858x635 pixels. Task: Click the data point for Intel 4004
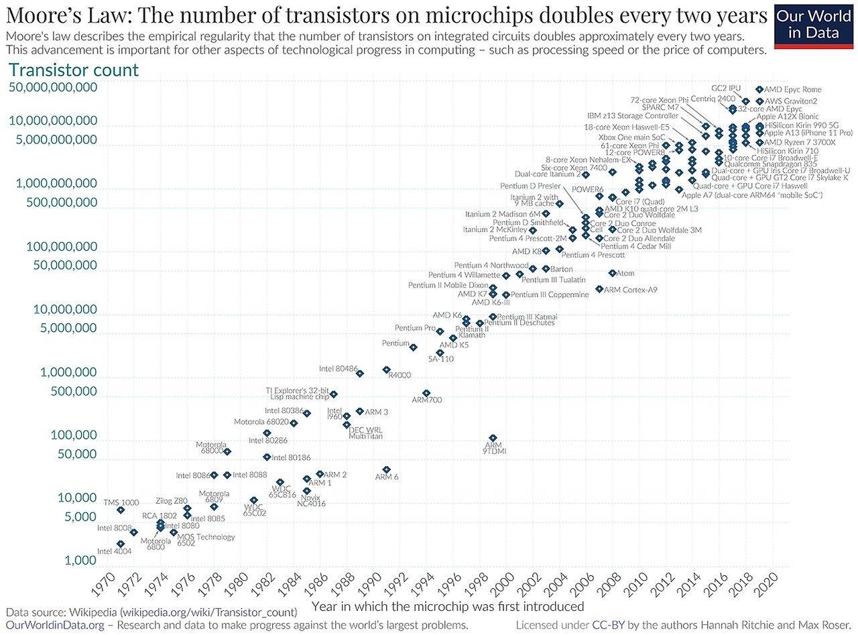coord(121,544)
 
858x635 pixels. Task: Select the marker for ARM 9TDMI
coord(493,438)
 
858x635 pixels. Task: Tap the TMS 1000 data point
coord(121,510)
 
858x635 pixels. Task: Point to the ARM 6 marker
coord(386,469)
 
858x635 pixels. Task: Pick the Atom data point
coord(612,273)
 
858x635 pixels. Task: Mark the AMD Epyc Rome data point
coord(759,89)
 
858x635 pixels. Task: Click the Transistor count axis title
coord(73,70)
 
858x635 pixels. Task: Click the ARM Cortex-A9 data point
coord(599,289)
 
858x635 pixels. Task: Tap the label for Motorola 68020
coord(261,422)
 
